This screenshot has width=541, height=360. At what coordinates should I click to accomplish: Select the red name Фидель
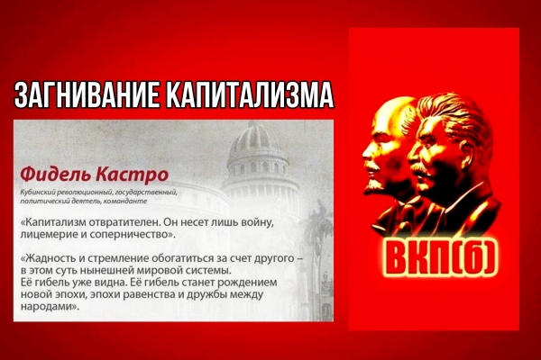click(x=55, y=175)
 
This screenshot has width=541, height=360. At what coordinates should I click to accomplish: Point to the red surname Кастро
click(x=133, y=175)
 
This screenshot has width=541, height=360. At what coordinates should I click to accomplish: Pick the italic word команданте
click(x=130, y=202)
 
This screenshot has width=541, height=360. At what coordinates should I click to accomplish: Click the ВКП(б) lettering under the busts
click(x=441, y=256)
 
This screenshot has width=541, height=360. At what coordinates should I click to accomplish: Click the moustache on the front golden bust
click(x=419, y=166)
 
